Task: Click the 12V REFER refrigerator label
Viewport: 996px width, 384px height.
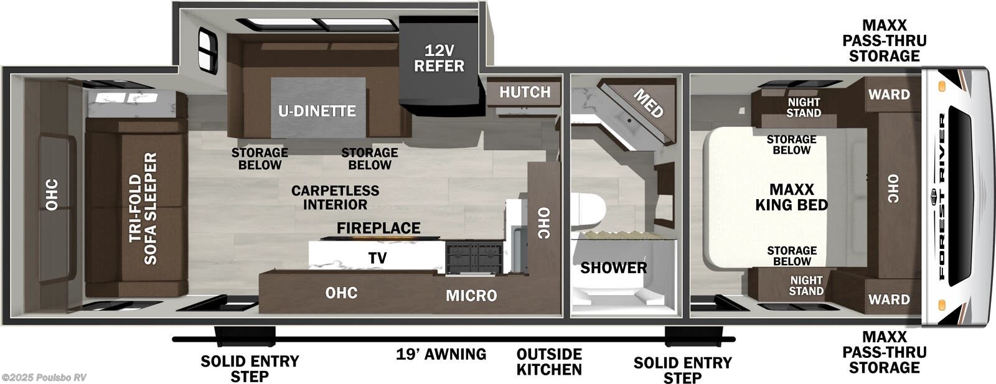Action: (439, 58)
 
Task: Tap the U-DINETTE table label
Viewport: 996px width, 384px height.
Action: (317, 111)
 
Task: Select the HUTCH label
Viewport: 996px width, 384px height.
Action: (525, 92)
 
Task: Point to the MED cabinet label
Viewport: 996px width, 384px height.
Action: (648, 103)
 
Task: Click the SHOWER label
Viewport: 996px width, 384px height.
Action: (613, 268)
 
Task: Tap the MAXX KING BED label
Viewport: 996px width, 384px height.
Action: (791, 197)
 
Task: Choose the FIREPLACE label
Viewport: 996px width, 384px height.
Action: (378, 228)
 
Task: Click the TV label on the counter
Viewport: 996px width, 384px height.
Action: (377, 258)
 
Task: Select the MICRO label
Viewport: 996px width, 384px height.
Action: (471, 296)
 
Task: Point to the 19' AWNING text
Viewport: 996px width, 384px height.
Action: (441, 354)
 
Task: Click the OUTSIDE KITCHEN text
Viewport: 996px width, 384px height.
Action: (549, 362)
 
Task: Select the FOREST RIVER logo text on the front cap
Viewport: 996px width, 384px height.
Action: (942, 195)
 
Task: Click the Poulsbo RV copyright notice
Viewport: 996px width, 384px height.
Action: (44, 377)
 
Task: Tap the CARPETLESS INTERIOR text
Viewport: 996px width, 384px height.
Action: (335, 197)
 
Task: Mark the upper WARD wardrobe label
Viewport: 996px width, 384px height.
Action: (889, 95)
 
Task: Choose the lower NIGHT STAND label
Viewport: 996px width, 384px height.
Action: (806, 286)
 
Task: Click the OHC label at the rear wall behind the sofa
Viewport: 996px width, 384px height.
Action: (52, 194)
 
